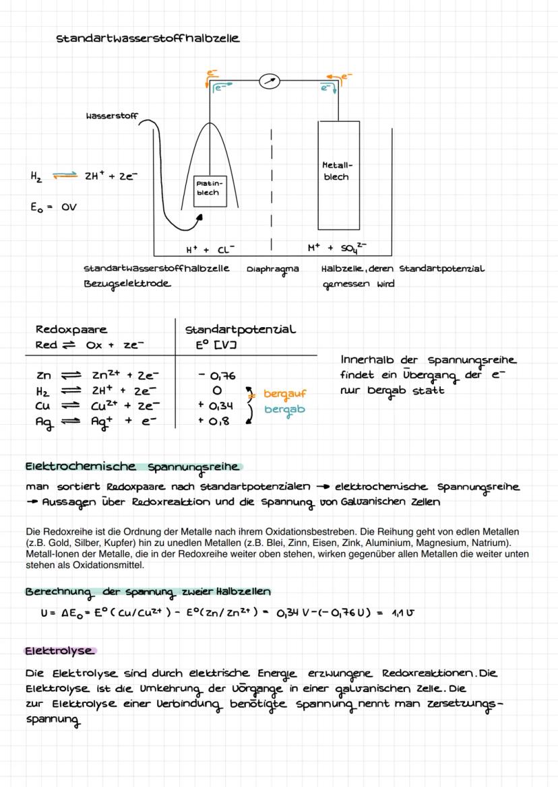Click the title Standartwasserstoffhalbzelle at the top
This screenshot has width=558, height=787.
point(148,38)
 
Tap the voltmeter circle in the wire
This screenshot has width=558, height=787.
point(270,81)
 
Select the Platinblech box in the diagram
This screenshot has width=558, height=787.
point(208,187)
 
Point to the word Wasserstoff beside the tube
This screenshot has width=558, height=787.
point(112,116)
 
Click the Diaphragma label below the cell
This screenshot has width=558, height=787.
point(272,269)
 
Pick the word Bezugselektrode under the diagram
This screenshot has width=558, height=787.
point(127,283)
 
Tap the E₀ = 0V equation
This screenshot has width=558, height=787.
point(53,207)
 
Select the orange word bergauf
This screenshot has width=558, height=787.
point(285,394)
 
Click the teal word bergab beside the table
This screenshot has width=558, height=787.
point(284,409)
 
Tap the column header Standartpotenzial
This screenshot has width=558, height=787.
point(240,330)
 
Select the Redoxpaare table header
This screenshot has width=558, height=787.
point(71,330)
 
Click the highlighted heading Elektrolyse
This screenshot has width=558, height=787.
point(59,651)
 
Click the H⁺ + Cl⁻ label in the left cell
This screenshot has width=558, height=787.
point(210,249)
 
